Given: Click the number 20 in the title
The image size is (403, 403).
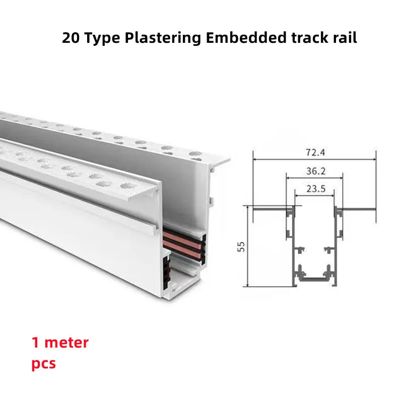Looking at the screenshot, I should (x=72, y=38).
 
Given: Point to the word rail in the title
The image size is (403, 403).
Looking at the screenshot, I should (x=345, y=38).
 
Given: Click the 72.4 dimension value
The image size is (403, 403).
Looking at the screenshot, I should (x=315, y=151).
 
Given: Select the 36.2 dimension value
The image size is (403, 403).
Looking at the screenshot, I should (x=315, y=171).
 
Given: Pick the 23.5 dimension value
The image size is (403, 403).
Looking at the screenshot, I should (x=315, y=189).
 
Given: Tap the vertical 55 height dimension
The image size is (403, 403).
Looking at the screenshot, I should (x=241, y=246).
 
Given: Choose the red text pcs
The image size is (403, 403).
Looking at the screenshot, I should (x=43, y=364).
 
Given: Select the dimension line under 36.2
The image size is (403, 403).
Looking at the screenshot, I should (x=315, y=178).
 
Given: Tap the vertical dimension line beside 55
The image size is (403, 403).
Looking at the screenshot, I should (x=248, y=246).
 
